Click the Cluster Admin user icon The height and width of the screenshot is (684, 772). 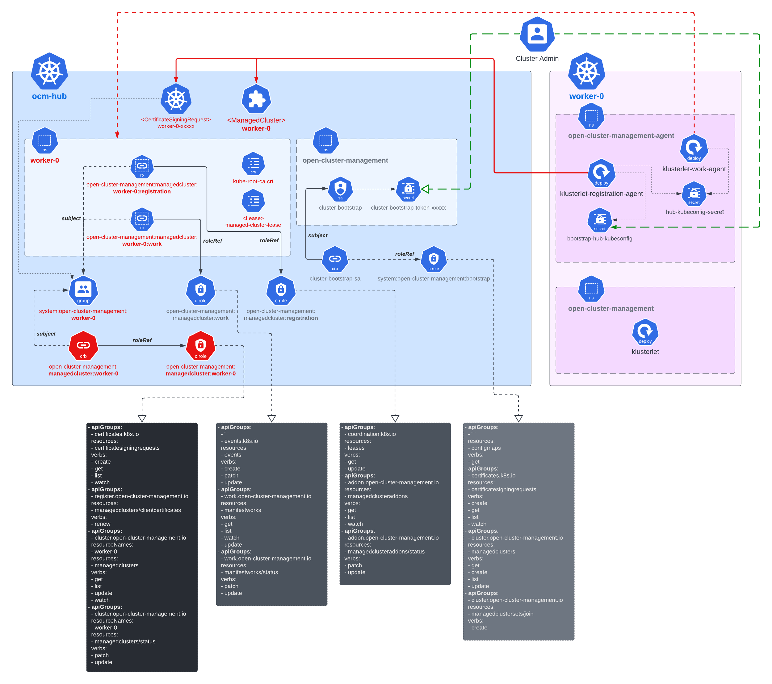[537, 34]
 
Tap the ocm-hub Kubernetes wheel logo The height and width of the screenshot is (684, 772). [49, 71]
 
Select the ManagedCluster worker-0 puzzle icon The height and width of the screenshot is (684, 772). [256, 99]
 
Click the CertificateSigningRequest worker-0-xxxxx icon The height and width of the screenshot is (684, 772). [176, 99]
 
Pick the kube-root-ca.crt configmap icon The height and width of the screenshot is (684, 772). [253, 164]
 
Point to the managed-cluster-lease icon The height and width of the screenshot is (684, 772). [253, 201]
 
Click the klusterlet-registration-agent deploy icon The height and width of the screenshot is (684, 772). [601, 173]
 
